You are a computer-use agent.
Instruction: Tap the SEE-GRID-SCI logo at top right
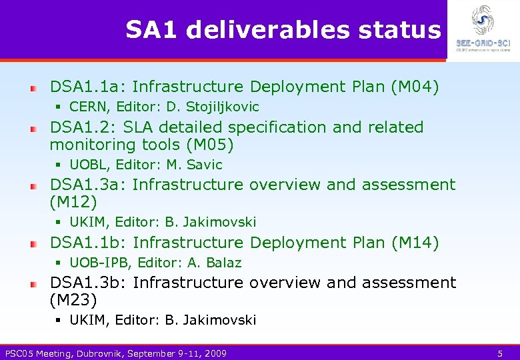(x=483, y=28)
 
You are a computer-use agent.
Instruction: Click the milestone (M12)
(x=73, y=202)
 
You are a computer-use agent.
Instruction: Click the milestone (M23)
(x=73, y=300)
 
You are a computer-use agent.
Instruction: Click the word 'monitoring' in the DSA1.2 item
(x=96, y=145)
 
